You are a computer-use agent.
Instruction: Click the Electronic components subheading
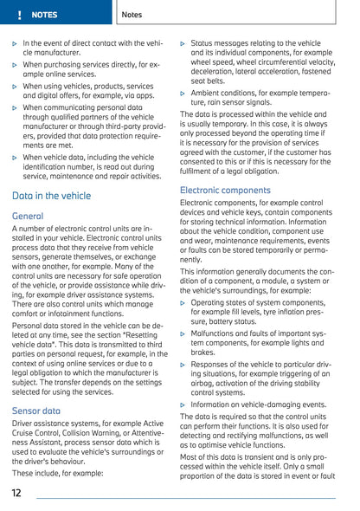(225, 189)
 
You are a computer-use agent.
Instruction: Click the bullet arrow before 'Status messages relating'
(183, 42)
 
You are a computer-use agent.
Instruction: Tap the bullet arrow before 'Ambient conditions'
(183, 92)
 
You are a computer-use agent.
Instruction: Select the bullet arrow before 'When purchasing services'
(16, 64)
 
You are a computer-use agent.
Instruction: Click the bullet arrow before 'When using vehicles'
(16, 86)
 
